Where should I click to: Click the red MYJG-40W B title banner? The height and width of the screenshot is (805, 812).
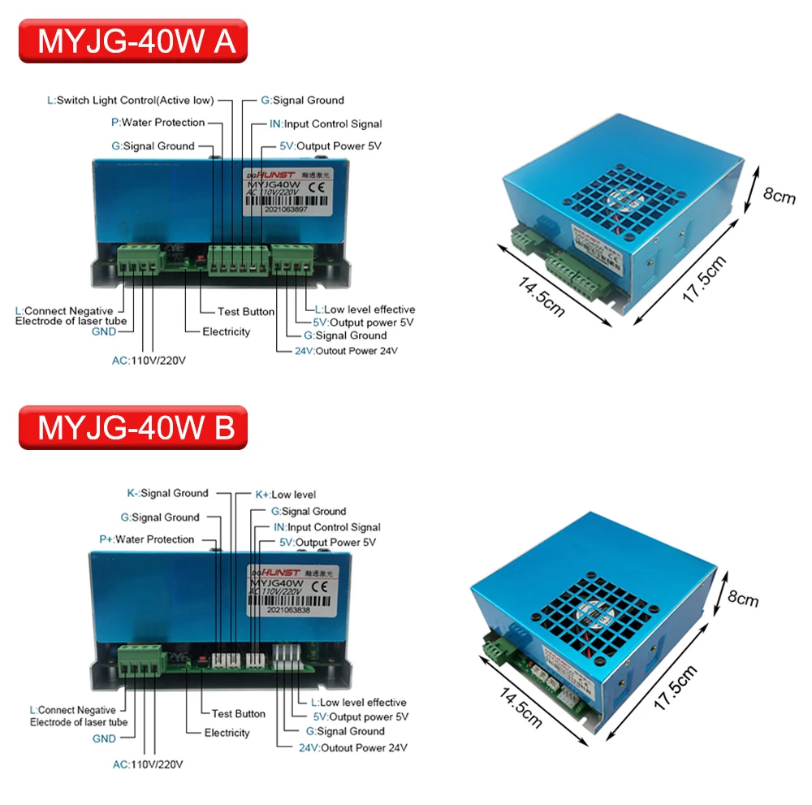tap(133, 427)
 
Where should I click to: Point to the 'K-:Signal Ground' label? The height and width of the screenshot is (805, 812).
tap(167, 493)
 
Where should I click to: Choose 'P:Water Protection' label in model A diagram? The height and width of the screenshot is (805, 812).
tap(158, 123)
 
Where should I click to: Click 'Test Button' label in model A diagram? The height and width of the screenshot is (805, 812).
tap(245, 312)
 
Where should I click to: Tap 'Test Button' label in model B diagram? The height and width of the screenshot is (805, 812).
tap(238, 714)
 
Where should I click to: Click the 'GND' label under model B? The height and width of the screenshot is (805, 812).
tap(104, 739)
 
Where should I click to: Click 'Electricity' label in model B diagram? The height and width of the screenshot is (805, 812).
tap(227, 733)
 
